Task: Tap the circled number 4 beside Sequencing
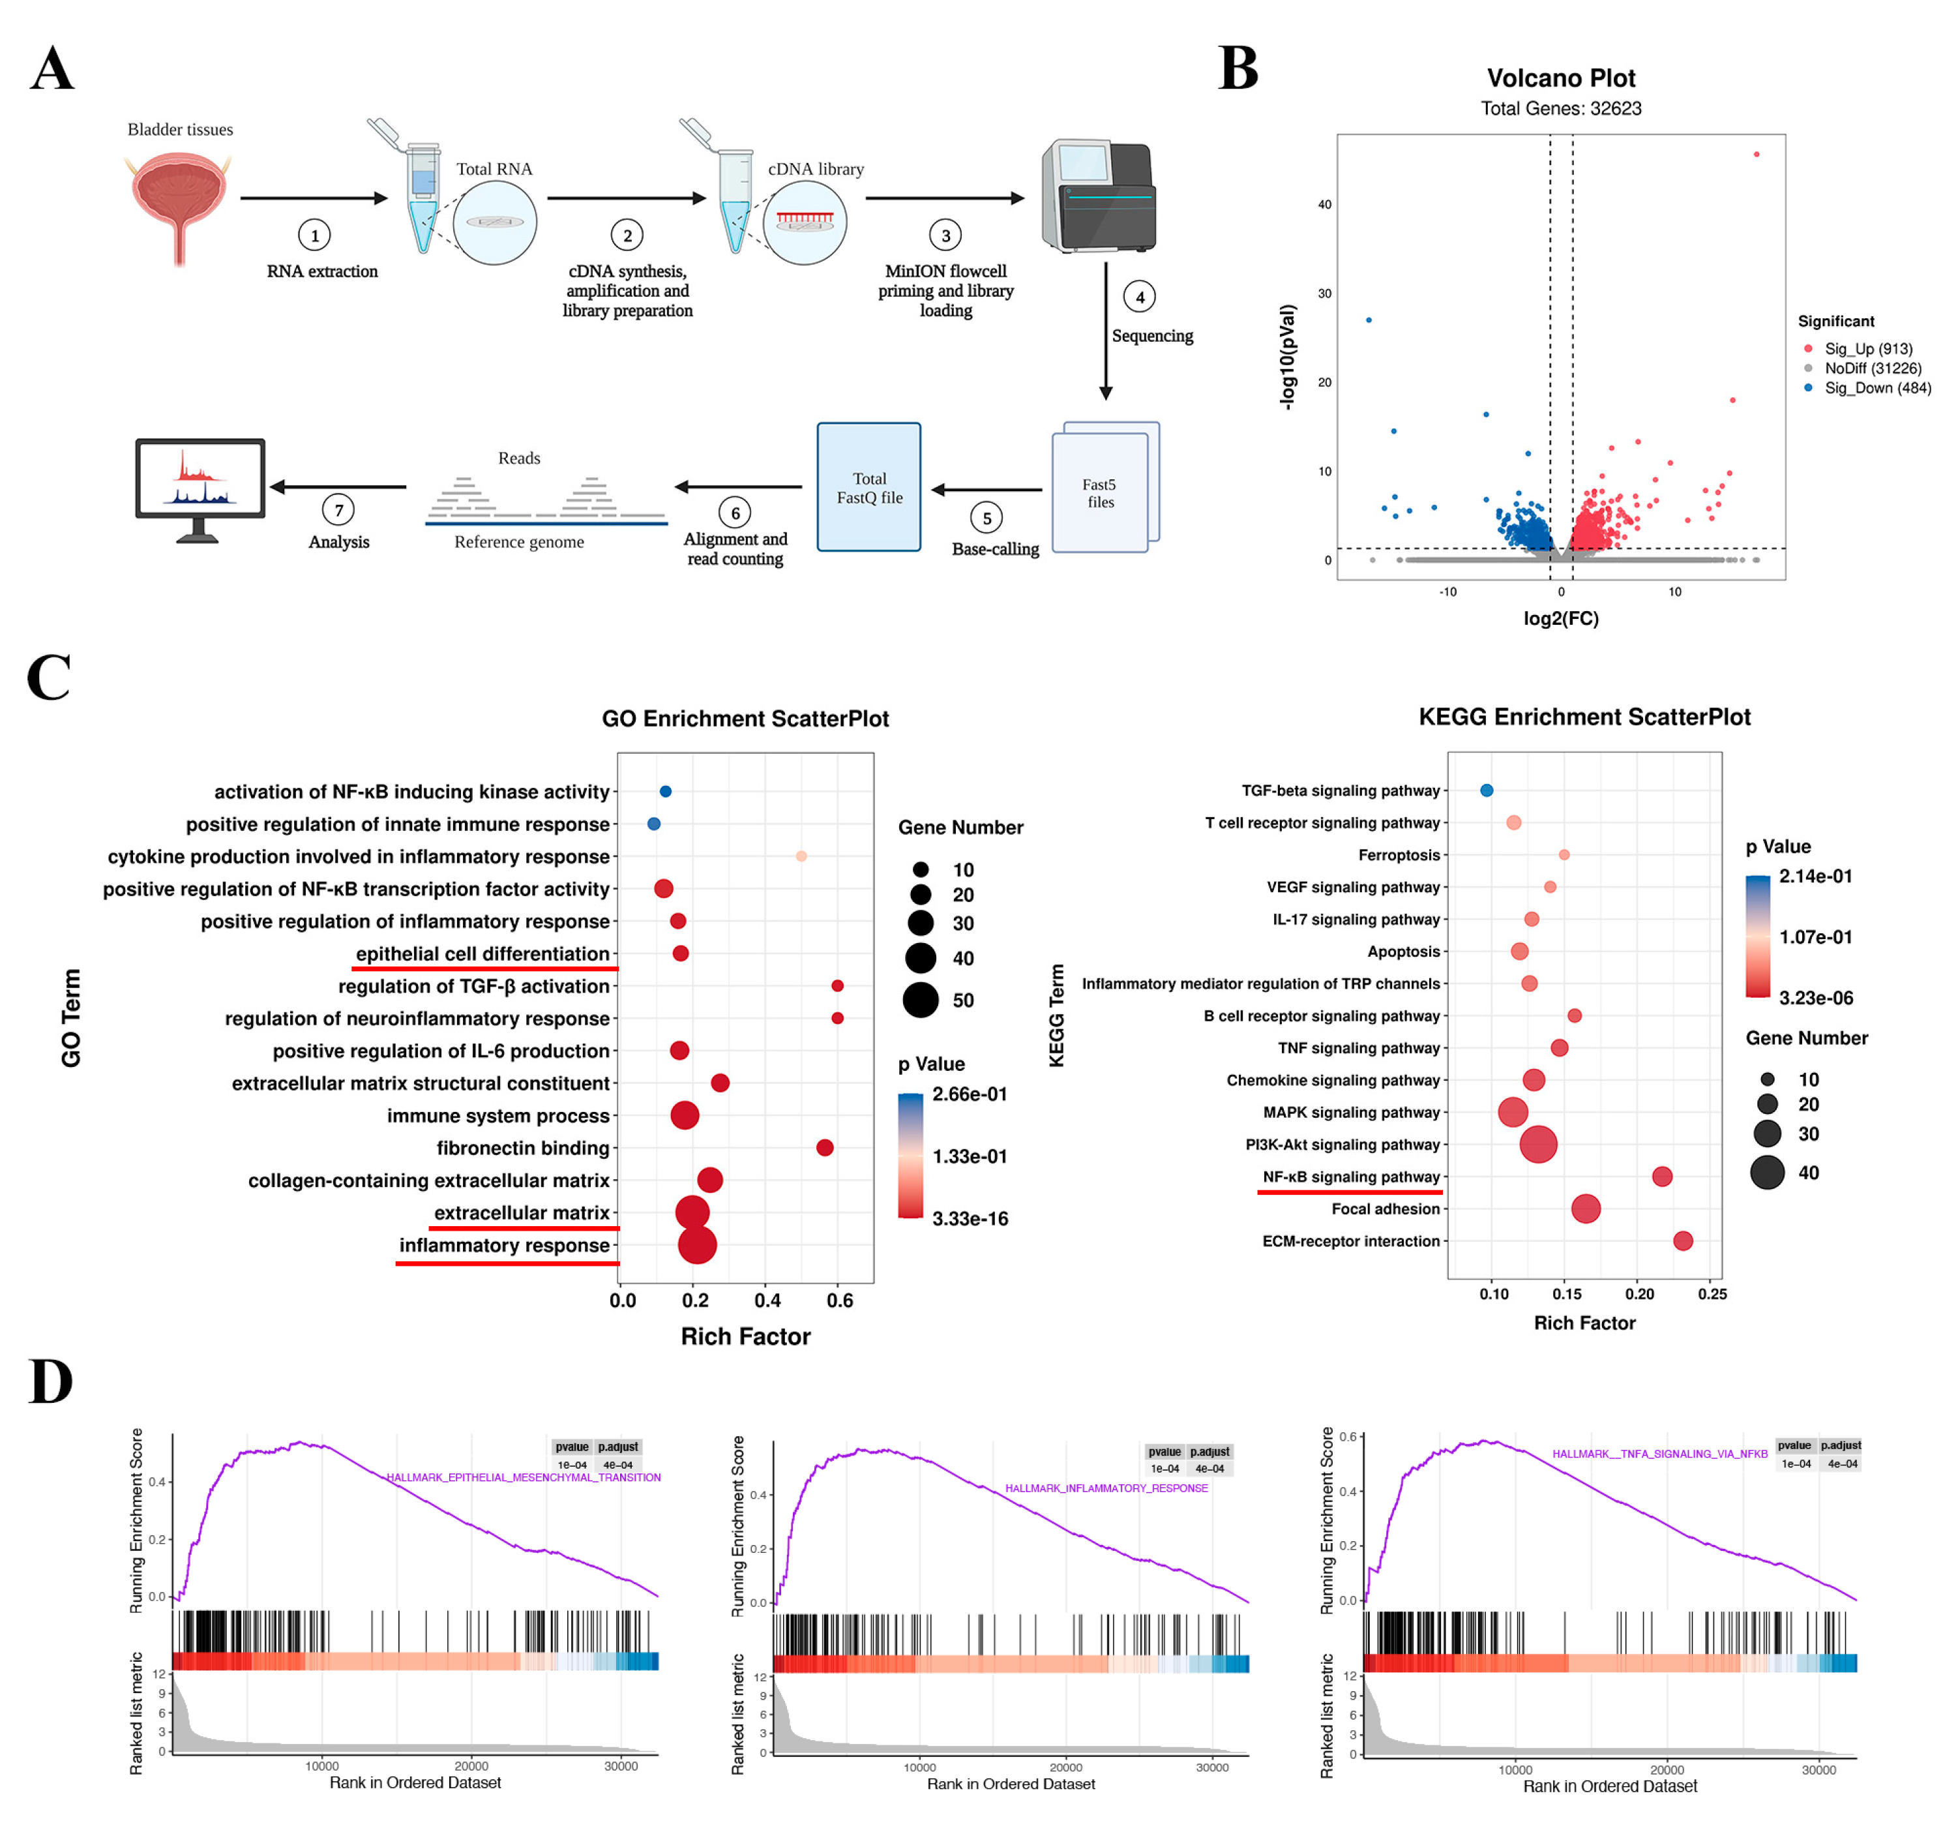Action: point(1140,297)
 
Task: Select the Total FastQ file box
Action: point(868,488)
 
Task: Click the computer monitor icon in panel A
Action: point(200,488)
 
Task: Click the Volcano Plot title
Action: point(1560,78)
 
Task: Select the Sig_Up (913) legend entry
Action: point(1867,349)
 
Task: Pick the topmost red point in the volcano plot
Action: point(1756,155)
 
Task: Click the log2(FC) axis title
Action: point(1560,619)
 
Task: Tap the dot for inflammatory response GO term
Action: point(697,1245)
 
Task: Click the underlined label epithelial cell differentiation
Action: point(482,954)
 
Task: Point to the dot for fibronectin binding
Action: point(825,1148)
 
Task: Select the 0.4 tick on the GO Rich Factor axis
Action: point(767,1300)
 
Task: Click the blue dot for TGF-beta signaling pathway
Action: point(1486,790)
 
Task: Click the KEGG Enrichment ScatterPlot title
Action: point(1584,717)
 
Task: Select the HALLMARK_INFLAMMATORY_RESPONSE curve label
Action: point(1106,1488)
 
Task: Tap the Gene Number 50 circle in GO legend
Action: point(921,1000)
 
